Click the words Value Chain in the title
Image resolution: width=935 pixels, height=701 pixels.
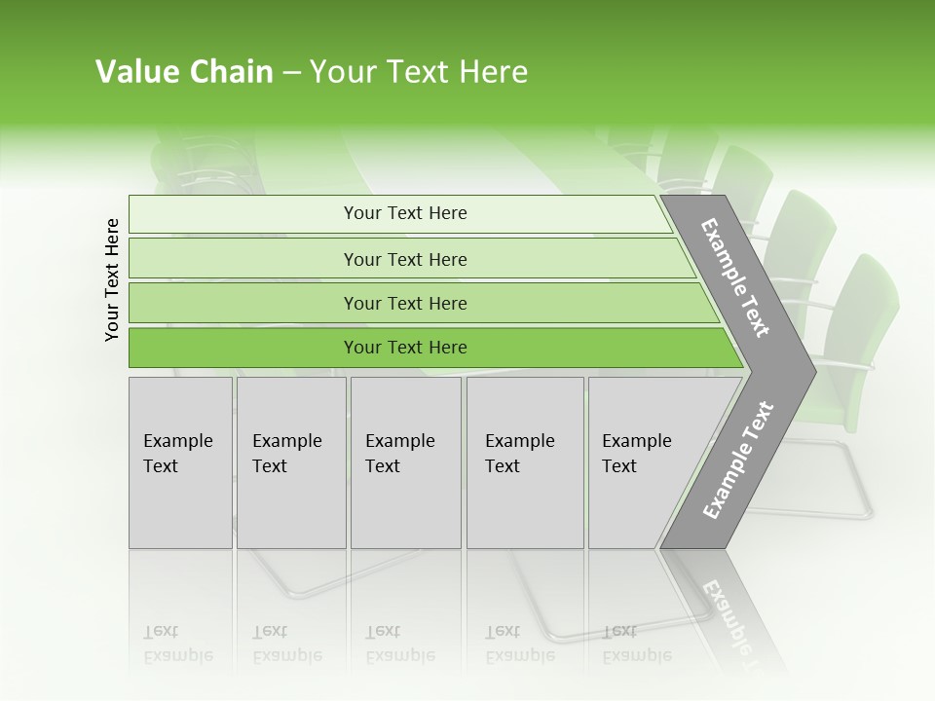(184, 72)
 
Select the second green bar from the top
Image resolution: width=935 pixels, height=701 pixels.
(404, 259)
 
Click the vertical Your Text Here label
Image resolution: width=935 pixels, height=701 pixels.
(112, 279)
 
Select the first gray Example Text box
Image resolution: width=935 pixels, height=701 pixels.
(180, 462)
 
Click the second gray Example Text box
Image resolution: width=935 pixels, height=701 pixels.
(290, 462)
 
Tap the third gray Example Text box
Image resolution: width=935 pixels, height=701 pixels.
(405, 462)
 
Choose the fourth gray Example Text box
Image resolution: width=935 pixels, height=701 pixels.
(525, 462)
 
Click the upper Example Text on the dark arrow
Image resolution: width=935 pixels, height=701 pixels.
(735, 277)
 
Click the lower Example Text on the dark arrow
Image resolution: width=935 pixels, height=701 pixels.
(737, 460)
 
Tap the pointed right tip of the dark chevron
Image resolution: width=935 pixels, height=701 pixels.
(812, 371)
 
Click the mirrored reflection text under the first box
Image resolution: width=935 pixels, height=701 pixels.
(177, 644)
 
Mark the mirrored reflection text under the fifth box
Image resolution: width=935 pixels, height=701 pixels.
(637, 644)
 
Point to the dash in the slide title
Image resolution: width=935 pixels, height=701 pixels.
(291, 72)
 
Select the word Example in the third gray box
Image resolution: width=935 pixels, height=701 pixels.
(399, 440)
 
